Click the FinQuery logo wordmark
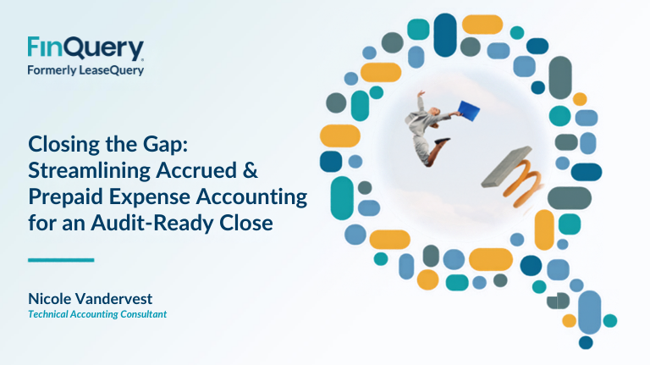tap(85, 48)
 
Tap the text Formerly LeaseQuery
tap(85, 70)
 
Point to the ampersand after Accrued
tap(251, 170)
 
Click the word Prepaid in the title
tap(66, 196)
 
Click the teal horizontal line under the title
tap(61, 260)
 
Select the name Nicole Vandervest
tap(90, 298)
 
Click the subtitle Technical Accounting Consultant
tap(97, 314)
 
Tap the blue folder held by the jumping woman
tap(468, 111)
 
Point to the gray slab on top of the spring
tap(507, 167)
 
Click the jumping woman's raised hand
tap(421, 93)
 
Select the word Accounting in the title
tap(251, 197)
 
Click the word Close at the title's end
tap(246, 223)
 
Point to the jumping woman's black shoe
tap(442, 141)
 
